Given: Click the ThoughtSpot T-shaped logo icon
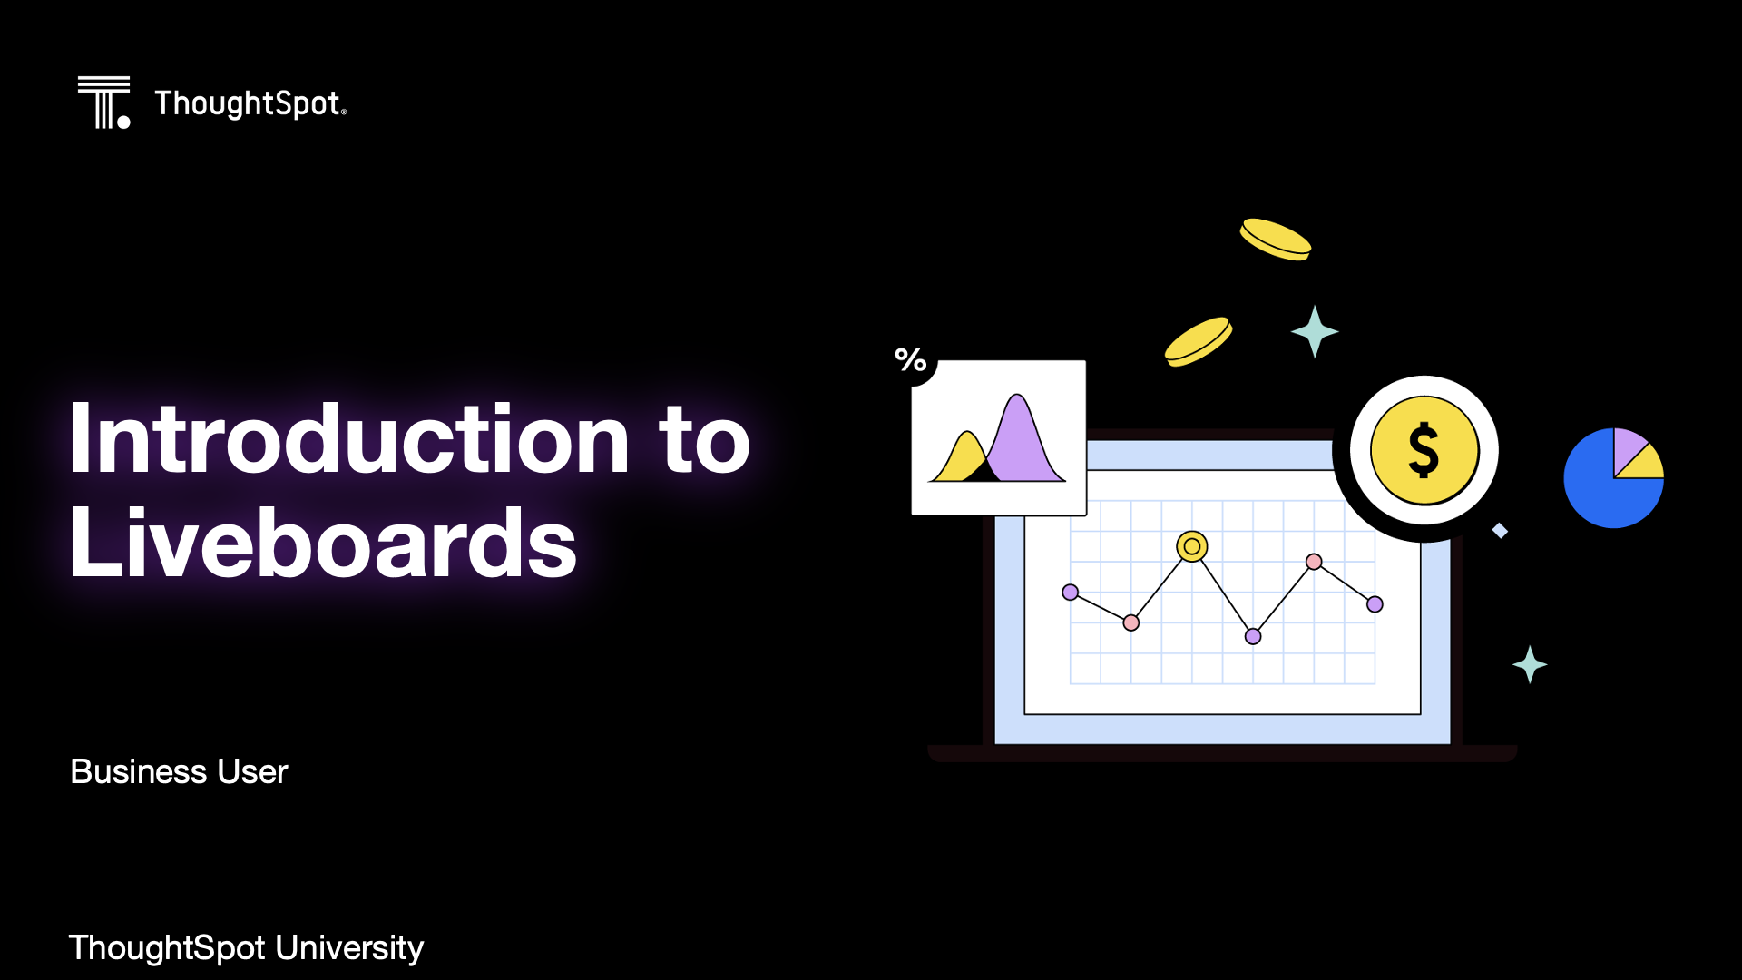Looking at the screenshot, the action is (103, 103).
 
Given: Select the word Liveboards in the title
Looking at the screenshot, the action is (323, 542).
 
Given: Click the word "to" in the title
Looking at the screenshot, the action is (705, 441).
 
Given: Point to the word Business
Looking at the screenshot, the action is (139, 771).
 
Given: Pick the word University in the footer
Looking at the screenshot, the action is (349, 947).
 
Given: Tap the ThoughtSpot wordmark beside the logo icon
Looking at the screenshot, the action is (250, 103).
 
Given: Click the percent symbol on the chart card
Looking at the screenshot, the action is (911, 359).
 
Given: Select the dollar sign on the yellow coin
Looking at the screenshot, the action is (1424, 450).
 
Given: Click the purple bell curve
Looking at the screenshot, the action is (1021, 440).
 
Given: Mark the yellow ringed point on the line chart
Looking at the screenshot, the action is (1192, 546).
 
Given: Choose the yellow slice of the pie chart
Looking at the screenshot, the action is (1643, 465).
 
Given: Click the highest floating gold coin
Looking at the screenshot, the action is (1276, 240).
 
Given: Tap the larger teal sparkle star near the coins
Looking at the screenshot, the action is (1315, 331).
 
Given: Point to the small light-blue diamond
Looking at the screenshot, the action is (1500, 531).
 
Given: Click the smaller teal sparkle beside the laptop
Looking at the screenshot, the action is (1530, 664).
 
